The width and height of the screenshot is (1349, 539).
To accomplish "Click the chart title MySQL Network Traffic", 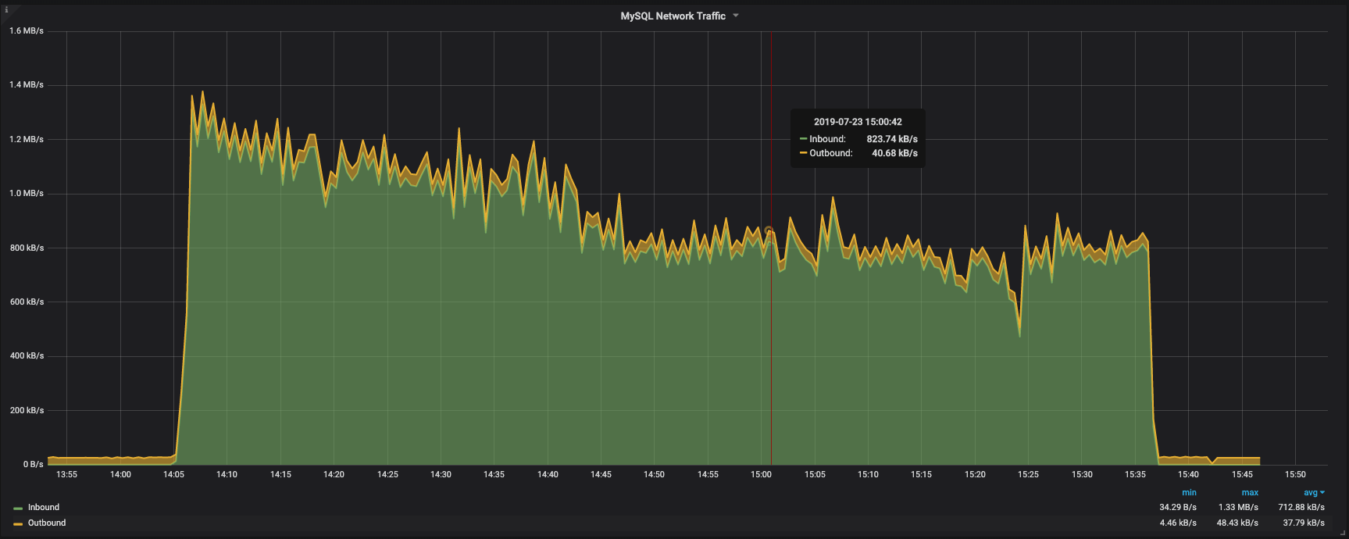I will click(x=673, y=16).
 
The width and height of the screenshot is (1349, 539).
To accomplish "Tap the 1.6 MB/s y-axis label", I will click(x=27, y=31).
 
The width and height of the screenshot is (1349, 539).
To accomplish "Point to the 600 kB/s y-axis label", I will click(x=27, y=302).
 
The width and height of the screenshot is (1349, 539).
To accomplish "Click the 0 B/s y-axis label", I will click(x=33, y=464).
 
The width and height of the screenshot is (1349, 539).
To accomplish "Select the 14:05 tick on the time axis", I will click(x=173, y=474).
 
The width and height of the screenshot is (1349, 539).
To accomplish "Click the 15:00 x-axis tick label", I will click(x=761, y=474).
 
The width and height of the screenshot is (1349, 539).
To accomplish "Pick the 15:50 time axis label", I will click(x=1295, y=474).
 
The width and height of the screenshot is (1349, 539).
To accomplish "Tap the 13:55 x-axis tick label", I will click(x=66, y=474).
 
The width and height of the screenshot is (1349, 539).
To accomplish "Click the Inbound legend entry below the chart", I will click(x=43, y=507).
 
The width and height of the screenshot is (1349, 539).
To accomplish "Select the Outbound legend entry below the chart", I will click(x=46, y=523).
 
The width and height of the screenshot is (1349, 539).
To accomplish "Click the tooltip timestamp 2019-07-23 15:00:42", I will click(x=858, y=122).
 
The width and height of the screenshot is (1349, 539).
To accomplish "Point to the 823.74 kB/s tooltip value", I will click(x=892, y=139).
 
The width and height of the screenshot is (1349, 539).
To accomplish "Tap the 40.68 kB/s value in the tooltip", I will click(x=894, y=153).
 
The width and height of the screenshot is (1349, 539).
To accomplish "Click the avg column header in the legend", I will click(x=1311, y=493).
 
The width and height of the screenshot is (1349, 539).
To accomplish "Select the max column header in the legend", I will click(x=1250, y=493).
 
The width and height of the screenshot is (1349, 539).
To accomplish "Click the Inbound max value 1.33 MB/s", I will click(x=1238, y=507).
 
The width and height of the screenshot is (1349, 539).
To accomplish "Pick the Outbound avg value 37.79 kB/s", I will click(x=1304, y=523).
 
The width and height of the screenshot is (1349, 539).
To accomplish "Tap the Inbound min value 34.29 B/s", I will click(x=1178, y=507).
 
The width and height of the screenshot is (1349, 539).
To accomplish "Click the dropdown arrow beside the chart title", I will click(x=736, y=16).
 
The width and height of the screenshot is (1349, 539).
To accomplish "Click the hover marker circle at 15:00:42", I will click(x=769, y=231).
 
